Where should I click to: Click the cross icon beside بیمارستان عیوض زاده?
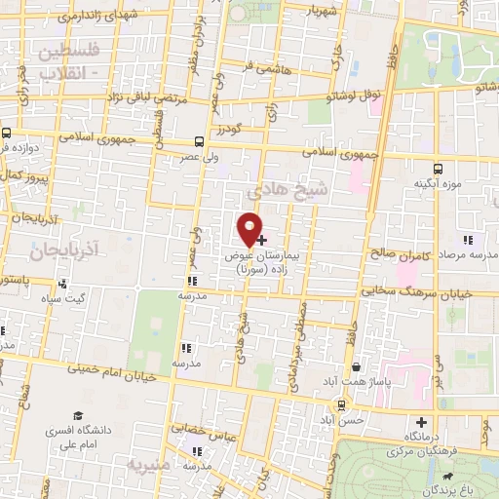(x=261, y=239)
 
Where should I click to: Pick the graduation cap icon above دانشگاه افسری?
(x=77, y=415)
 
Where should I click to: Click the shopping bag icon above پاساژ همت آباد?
(x=359, y=367)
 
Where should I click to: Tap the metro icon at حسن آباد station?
(x=341, y=403)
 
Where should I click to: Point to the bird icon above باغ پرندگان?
(x=446, y=478)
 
